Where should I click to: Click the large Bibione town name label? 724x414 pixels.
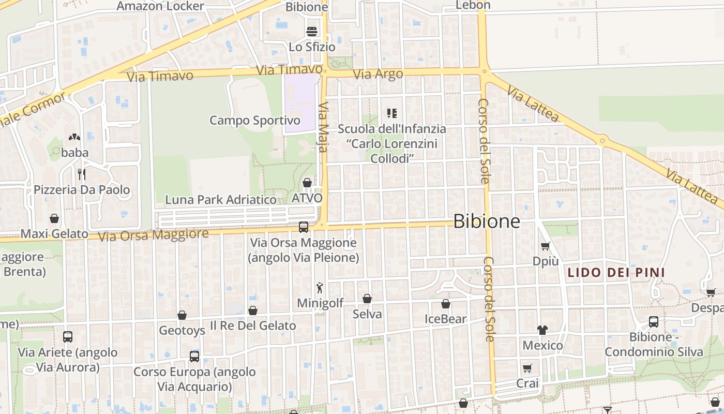[487, 221]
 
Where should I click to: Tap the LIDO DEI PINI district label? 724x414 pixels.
[616, 272]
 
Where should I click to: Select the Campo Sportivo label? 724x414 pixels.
[254, 121]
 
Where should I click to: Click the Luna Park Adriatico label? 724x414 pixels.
[221, 199]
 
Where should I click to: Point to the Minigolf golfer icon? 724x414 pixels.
[320, 288]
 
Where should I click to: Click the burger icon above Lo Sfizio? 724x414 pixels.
[312, 31]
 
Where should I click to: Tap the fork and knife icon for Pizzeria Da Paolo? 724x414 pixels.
[82, 174]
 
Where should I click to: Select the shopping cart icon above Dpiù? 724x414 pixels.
[545, 246]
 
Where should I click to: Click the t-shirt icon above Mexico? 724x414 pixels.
[542, 330]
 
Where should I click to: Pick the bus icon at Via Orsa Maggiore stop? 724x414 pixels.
[304, 227]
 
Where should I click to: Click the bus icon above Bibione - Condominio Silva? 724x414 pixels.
[654, 321]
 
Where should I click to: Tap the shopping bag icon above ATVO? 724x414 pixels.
[307, 183]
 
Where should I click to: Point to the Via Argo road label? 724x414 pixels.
[378, 74]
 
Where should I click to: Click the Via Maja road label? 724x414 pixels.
[323, 127]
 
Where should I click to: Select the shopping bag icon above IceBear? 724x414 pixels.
[446, 304]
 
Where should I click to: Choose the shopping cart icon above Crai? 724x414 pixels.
[527, 368]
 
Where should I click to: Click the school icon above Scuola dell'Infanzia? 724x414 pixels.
[391, 113]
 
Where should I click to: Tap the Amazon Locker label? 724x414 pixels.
[160, 6]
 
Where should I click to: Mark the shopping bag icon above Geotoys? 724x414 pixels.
[182, 315]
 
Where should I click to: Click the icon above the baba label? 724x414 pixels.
[74, 137]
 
